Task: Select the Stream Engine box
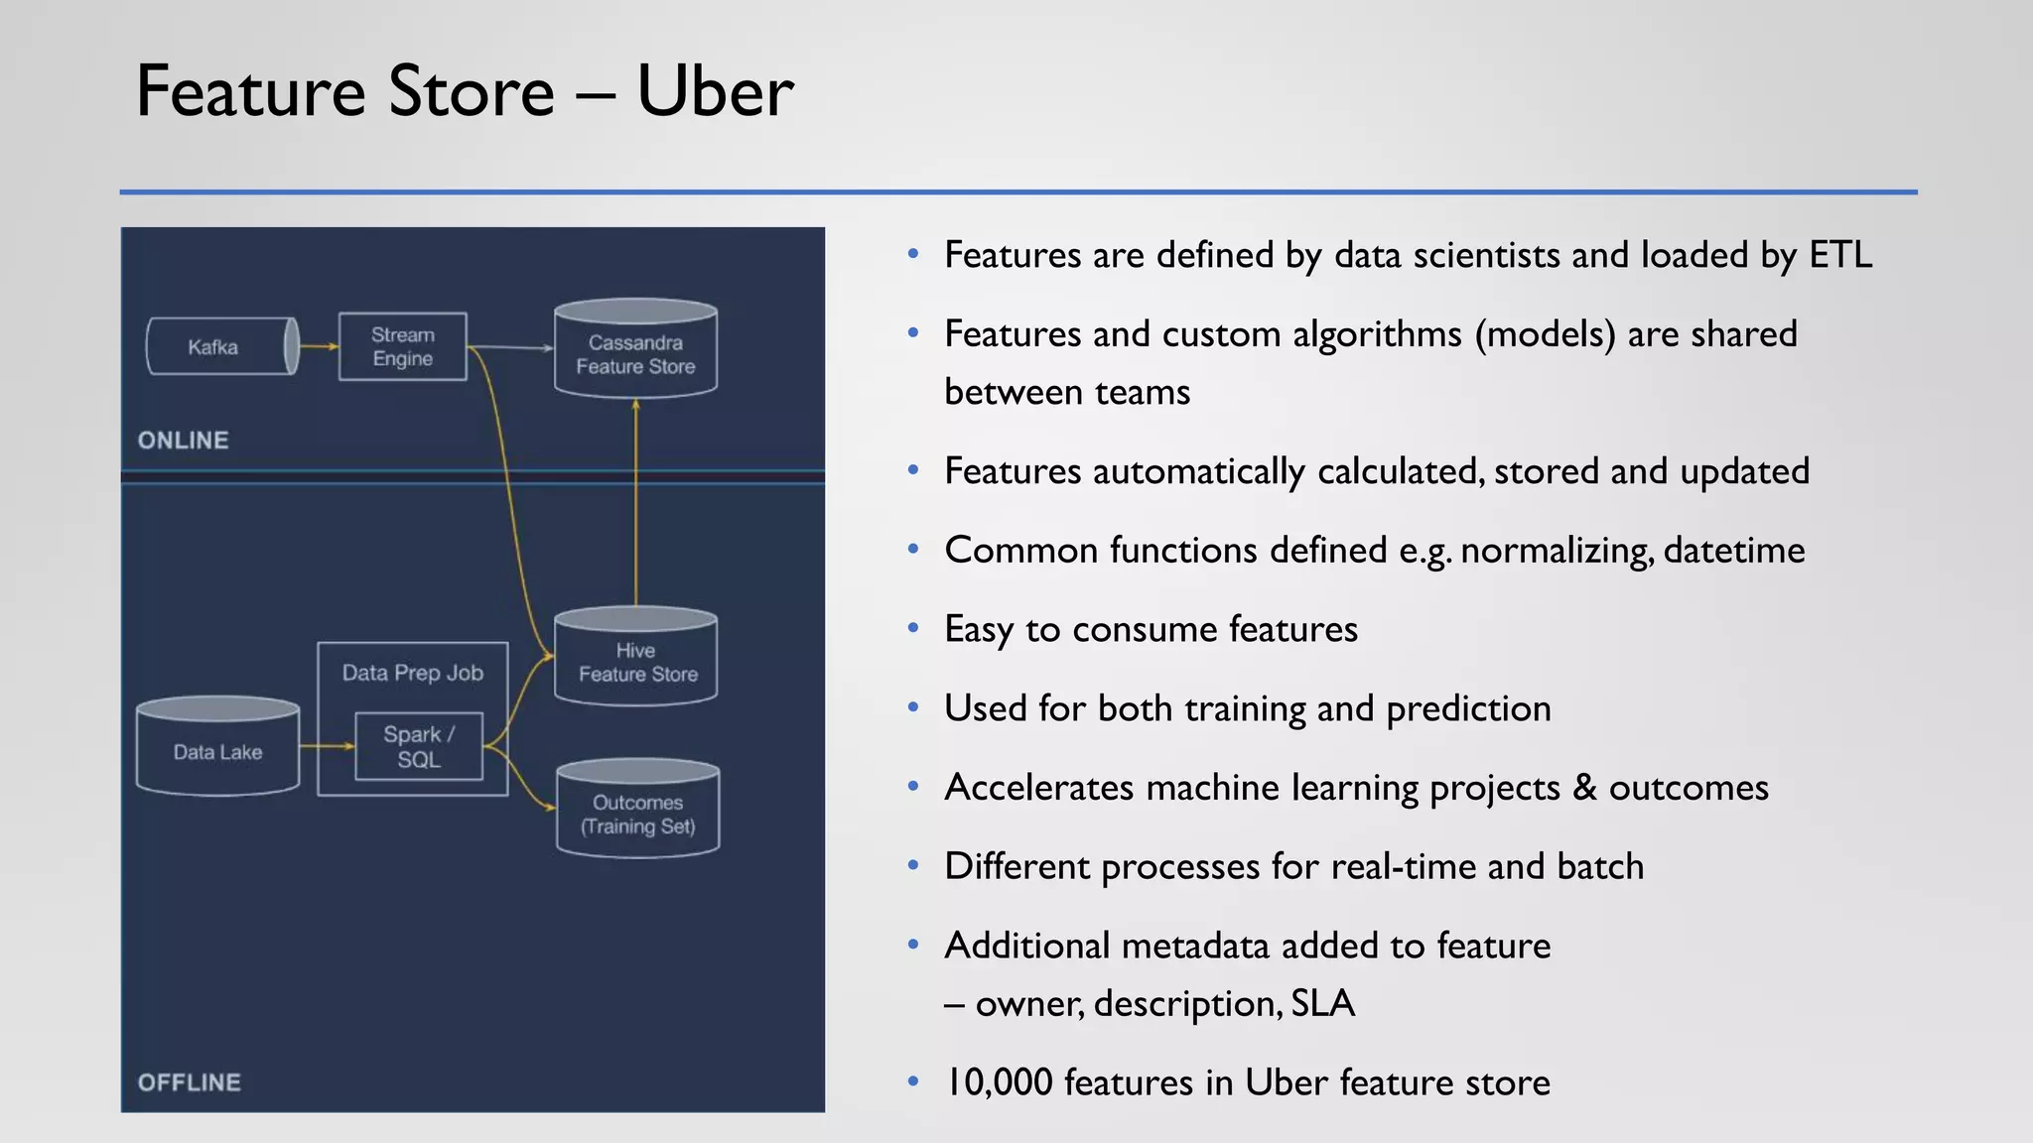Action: [402, 346]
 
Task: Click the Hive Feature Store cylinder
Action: [635, 660]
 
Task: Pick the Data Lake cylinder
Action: [217, 749]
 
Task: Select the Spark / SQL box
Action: [419, 746]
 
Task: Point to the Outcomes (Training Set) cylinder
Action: [637, 812]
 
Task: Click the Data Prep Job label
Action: [412, 673]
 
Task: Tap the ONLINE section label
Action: [183, 441]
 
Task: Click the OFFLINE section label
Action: [189, 1082]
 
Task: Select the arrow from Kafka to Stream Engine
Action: [319, 346]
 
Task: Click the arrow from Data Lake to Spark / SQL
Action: [327, 746]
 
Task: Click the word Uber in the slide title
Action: [714, 91]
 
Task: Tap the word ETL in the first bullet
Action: [1840, 255]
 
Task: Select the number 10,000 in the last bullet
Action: [999, 1082]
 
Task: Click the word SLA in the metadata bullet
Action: [1323, 1004]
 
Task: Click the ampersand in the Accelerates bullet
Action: [1584, 788]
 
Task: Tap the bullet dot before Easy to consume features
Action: [912, 628]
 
